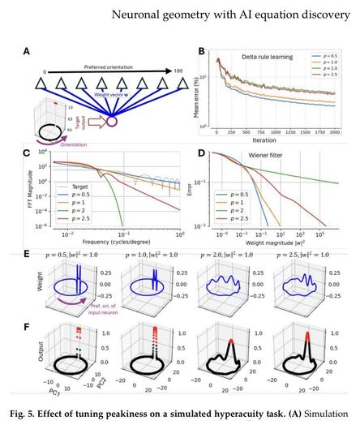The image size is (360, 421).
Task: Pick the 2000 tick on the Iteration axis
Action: [337, 130]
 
